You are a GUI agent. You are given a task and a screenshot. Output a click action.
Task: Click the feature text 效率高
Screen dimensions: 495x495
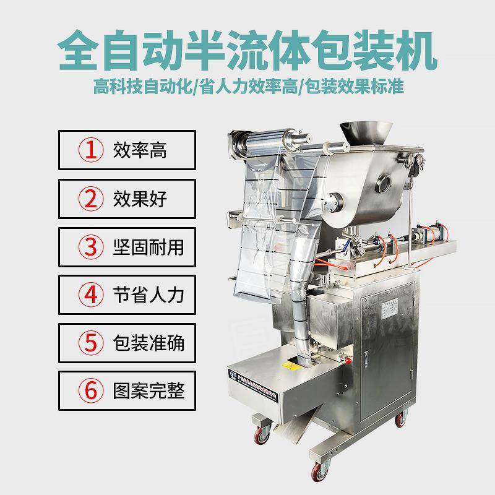coord(140,150)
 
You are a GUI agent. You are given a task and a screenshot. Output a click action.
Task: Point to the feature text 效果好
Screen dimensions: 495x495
coord(140,199)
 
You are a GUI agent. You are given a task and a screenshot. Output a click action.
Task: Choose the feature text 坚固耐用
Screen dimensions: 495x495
coord(148,247)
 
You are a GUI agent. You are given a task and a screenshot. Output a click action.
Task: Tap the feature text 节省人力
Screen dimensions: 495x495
coord(148,295)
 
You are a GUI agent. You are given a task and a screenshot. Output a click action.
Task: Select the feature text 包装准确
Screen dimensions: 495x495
coord(148,343)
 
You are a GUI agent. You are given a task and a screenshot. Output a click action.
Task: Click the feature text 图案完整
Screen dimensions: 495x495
coord(148,391)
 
